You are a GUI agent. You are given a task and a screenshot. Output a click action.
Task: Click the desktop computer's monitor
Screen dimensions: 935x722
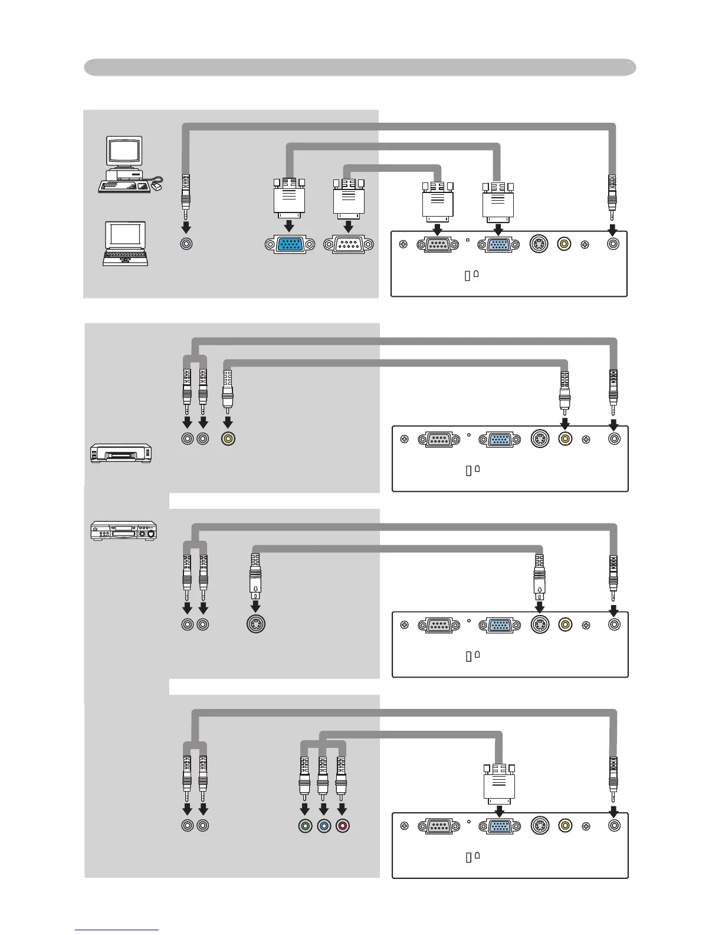[124, 152]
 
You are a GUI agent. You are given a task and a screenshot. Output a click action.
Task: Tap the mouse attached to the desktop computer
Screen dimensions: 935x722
[157, 187]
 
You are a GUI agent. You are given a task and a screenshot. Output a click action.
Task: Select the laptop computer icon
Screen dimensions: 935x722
[125, 244]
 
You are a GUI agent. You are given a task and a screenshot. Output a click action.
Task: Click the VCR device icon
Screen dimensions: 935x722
[121, 453]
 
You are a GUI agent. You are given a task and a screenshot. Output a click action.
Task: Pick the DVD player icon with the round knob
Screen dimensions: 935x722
[123, 530]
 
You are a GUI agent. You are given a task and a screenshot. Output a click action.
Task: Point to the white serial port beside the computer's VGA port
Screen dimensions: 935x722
[348, 244]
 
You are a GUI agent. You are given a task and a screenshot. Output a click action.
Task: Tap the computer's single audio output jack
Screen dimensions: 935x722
[186, 244]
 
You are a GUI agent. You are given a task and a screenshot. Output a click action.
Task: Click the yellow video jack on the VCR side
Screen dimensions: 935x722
[228, 439]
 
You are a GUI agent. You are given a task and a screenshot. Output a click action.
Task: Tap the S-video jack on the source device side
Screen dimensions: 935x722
[256, 624]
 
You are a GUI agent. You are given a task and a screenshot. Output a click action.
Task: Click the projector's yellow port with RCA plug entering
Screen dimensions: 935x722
[565, 439]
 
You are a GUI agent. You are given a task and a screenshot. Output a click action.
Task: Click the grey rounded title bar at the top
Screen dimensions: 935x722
[360, 67]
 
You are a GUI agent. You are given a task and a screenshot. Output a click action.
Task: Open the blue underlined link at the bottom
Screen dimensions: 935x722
[116, 930]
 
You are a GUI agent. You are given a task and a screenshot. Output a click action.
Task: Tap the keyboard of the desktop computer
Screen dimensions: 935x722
[124, 187]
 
